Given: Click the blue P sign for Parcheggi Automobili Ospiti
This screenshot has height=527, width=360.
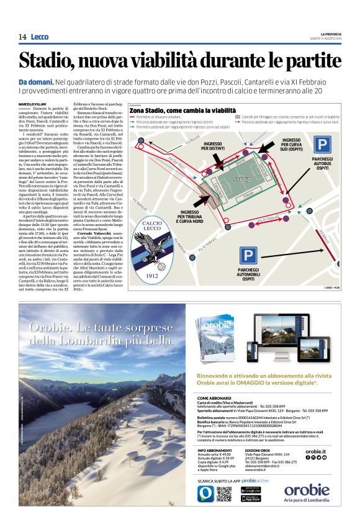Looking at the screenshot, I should [x=248, y=255].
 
